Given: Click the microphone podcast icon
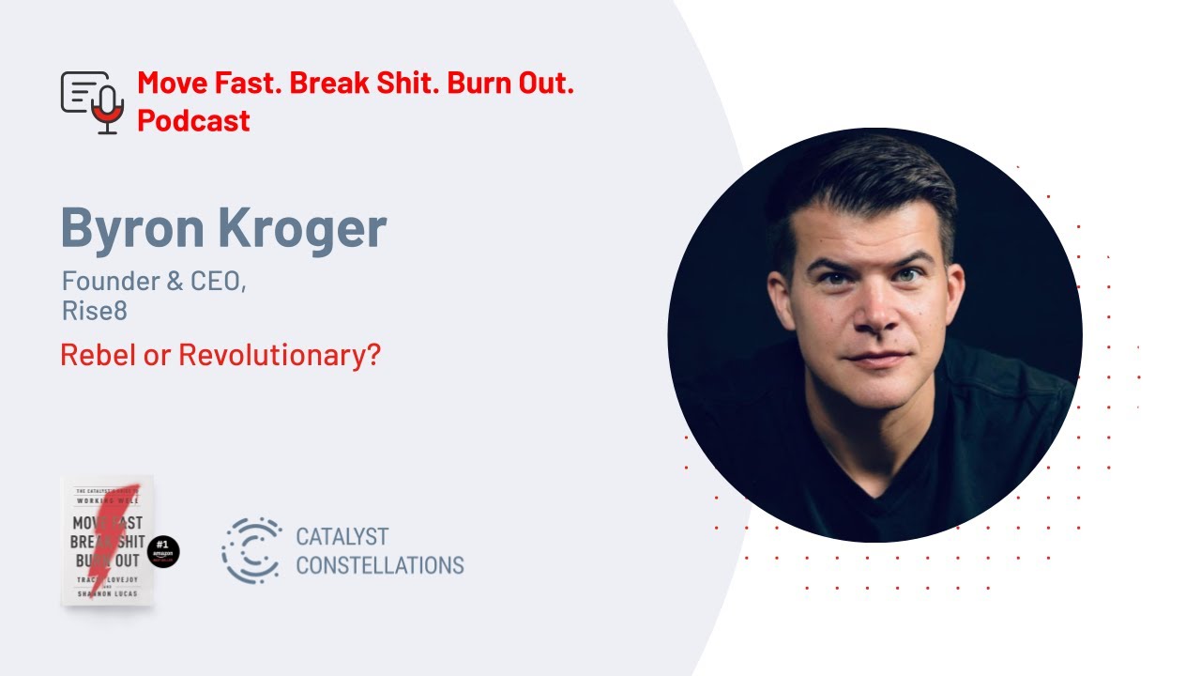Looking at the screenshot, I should point(93,101).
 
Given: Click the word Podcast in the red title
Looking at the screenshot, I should point(193,120).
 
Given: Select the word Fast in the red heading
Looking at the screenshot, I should point(245,83).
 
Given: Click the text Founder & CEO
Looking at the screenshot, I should point(154,281).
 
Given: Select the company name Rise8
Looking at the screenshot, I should point(94,312).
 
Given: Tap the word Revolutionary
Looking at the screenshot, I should point(279,356).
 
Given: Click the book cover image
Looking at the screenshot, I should point(107,541).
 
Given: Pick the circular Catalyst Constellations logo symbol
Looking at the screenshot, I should point(251,550).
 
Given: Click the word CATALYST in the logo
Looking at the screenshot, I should point(342,537).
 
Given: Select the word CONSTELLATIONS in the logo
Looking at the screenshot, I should point(379,565).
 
